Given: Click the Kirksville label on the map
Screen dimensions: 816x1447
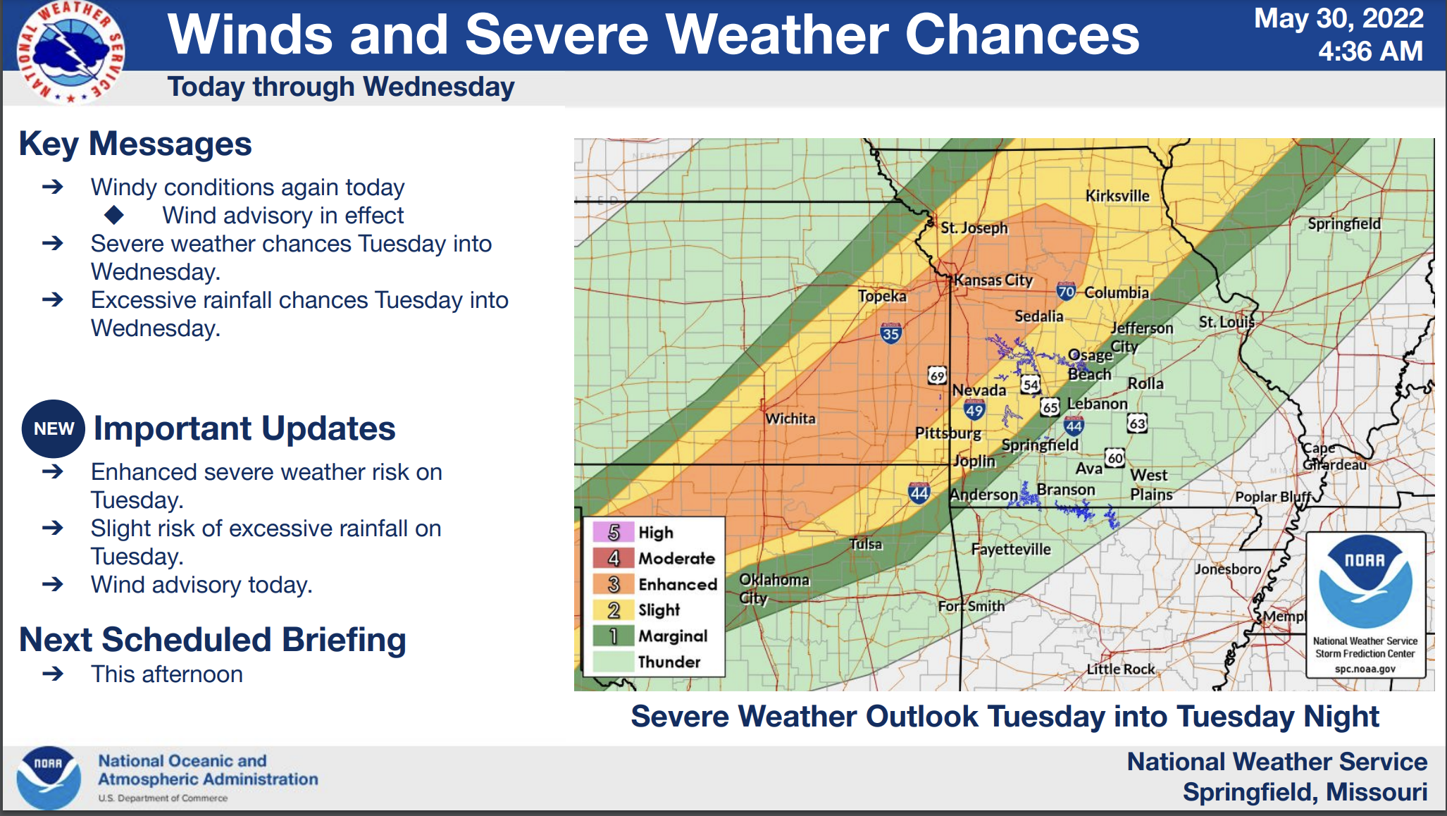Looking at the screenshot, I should click(x=1117, y=196).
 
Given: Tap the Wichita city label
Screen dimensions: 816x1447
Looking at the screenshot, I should click(x=790, y=419).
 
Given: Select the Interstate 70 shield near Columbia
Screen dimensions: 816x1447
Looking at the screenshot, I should click(x=1066, y=291).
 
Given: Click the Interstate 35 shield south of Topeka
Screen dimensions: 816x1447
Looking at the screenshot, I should click(x=890, y=333).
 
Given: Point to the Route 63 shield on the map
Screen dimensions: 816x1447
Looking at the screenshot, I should click(x=1137, y=423).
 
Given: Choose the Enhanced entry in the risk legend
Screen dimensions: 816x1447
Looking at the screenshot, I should click(x=677, y=584).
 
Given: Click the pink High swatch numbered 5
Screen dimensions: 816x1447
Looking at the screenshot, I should click(x=614, y=532).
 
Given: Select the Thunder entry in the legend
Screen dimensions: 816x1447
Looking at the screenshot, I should click(x=669, y=662).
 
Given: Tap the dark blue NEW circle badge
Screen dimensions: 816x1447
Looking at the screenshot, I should click(x=54, y=428).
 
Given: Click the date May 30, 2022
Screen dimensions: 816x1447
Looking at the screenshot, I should click(x=1339, y=18).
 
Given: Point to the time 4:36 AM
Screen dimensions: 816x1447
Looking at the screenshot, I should click(x=1370, y=51).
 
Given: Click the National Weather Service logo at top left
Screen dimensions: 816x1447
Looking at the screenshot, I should click(x=70, y=52).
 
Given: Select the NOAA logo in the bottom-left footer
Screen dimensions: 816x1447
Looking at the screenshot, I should click(x=49, y=778).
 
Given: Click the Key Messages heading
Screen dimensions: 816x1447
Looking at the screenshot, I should click(x=135, y=144).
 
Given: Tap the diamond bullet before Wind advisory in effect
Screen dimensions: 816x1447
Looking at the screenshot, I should click(x=114, y=215).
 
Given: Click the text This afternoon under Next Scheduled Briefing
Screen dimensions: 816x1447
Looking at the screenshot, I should click(x=167, y=674).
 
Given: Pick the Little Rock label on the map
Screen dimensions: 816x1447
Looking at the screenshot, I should click(x=1120, y=669).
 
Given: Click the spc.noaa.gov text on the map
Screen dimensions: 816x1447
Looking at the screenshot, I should click(x=1365, y=669).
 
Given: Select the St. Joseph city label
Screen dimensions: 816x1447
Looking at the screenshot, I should click(x=974, y=228).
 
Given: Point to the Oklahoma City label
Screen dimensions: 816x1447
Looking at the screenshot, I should click(x=773, y=588).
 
